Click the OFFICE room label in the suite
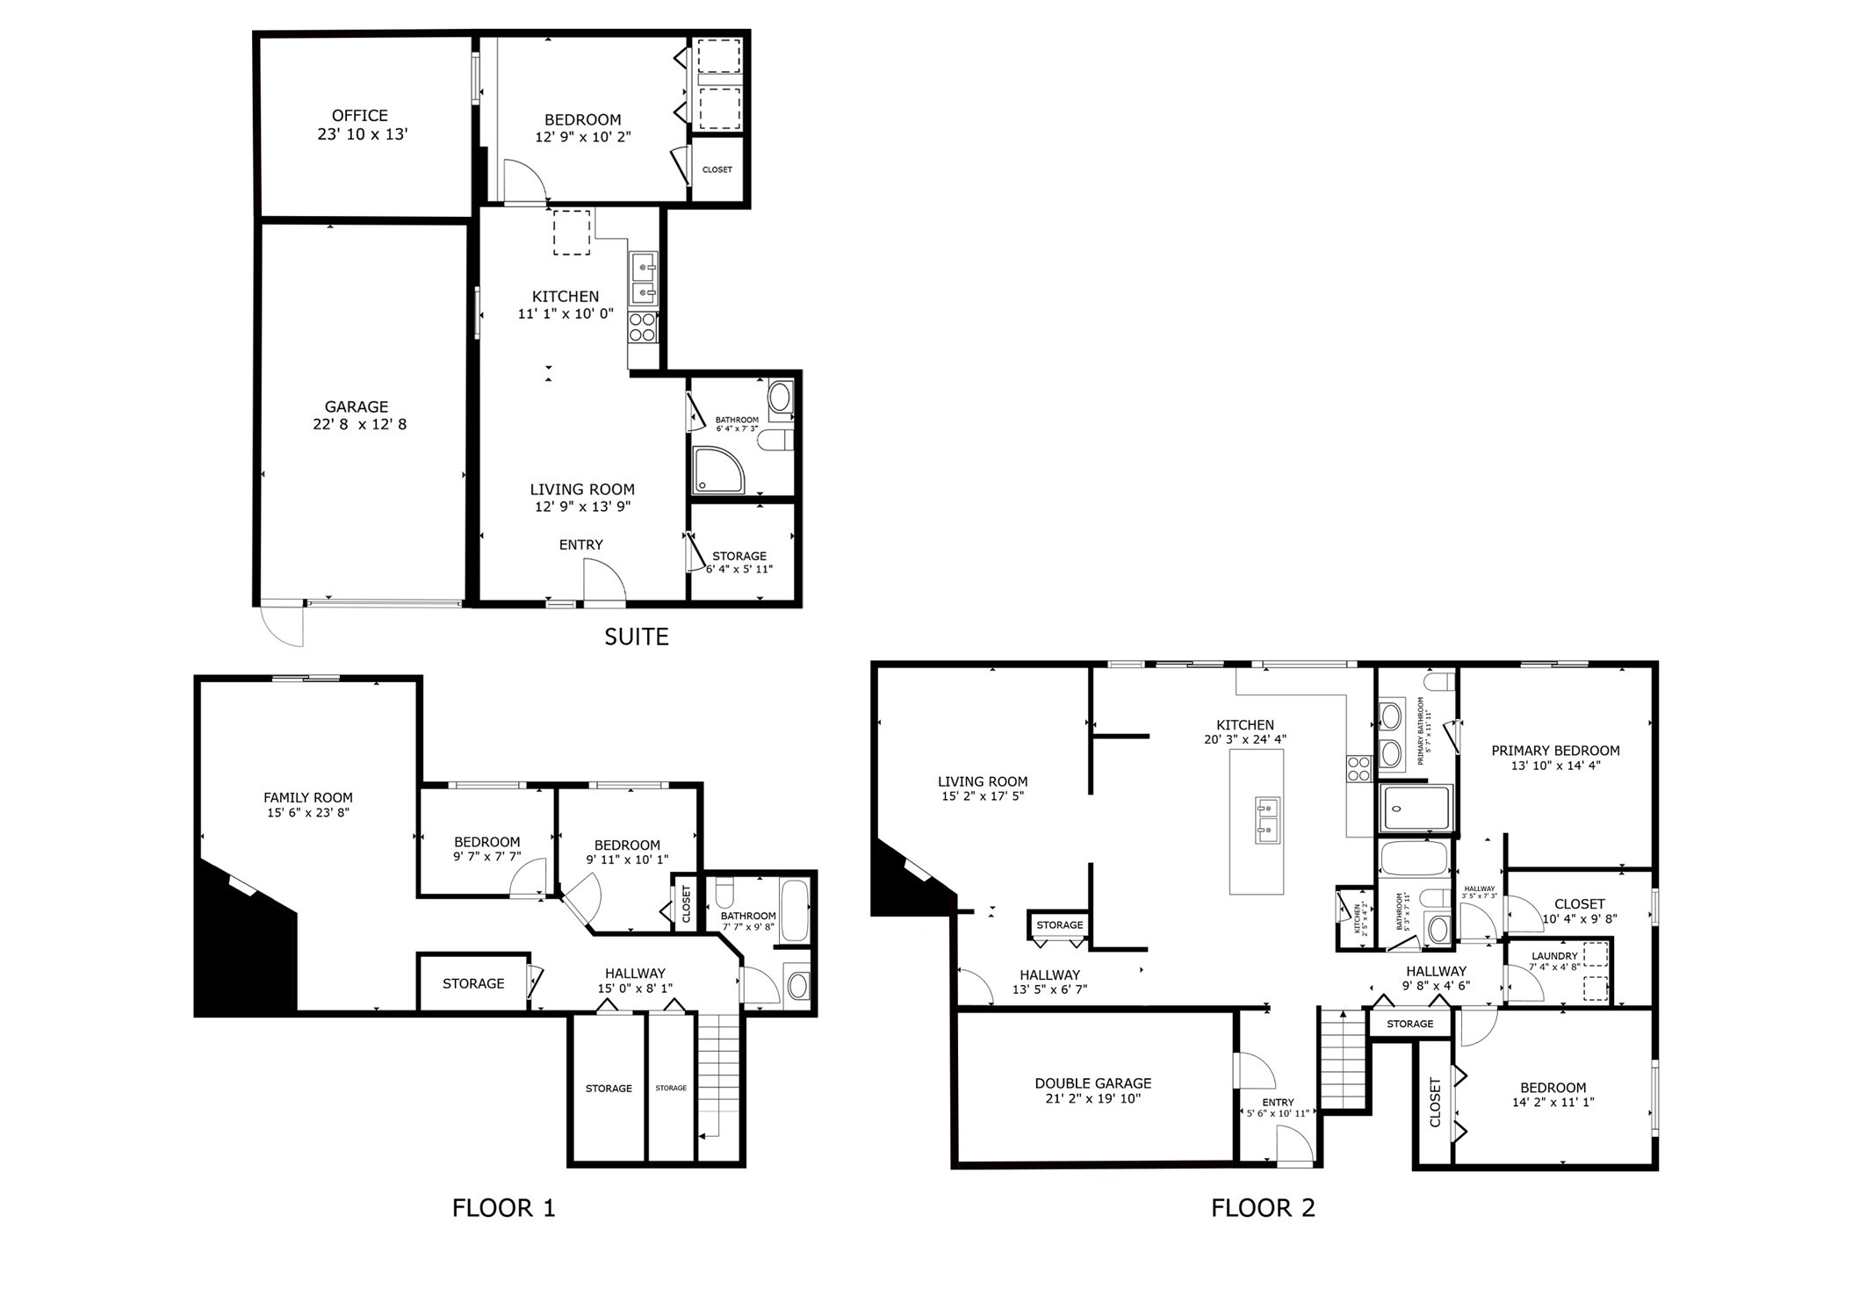pos(360,116)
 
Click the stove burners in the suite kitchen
pos(643,327)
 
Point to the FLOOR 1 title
pos(503,1208)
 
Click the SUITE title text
pos(636,637)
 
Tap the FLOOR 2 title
pos(1263,1208)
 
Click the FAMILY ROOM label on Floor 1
pos(308,798)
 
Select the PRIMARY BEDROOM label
pos(1555,751)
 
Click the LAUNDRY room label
pos(1554,956)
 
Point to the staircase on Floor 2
pos(1343,1061)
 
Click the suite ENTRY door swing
pos(604,581)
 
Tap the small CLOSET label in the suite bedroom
pos(717,169)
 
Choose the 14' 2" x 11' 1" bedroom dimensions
pos(1553,1103)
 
